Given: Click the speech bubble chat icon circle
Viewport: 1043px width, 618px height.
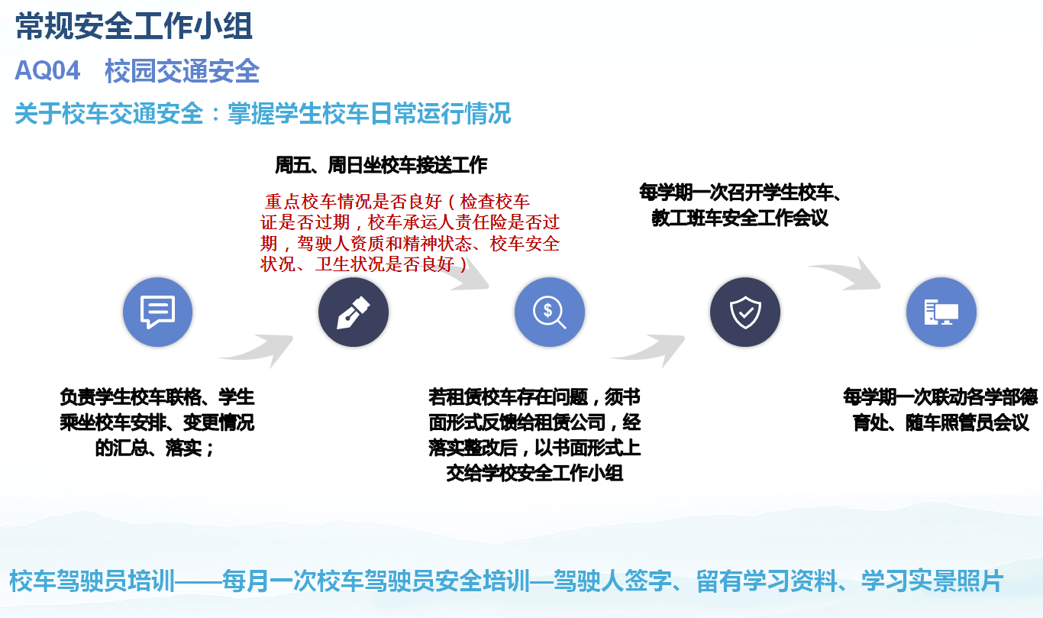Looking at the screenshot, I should click(158, 312).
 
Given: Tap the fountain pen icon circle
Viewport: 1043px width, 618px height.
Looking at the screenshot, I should click(354, 312).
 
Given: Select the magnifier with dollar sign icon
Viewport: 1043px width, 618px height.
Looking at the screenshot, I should click(550, 312).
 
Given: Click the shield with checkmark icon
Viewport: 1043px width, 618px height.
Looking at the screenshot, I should click(745, 312).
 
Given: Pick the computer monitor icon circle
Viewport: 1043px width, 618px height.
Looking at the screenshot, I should click(941, 312).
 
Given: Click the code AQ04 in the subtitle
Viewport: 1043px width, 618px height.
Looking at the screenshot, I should click(47, 71).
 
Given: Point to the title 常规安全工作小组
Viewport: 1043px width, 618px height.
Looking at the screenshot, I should click(134, 27).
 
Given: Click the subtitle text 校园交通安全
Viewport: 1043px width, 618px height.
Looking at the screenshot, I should click(182, 71).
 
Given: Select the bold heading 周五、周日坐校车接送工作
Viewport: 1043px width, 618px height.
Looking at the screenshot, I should click(381, 165).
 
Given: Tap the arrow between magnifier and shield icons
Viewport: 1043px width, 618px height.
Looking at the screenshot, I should click(648, 348).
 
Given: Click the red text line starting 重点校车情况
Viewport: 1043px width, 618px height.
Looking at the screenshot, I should click(397, 202).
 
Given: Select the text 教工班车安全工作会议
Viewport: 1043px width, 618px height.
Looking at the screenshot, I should click(740, 218).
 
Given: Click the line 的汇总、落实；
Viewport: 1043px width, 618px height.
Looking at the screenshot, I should click(155, 448).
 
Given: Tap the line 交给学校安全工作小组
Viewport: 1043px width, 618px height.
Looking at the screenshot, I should click(534, 473).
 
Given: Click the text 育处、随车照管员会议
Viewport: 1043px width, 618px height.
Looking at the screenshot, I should click(941, 422).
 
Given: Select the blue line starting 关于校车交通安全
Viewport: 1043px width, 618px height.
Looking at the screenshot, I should click(263, 114).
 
